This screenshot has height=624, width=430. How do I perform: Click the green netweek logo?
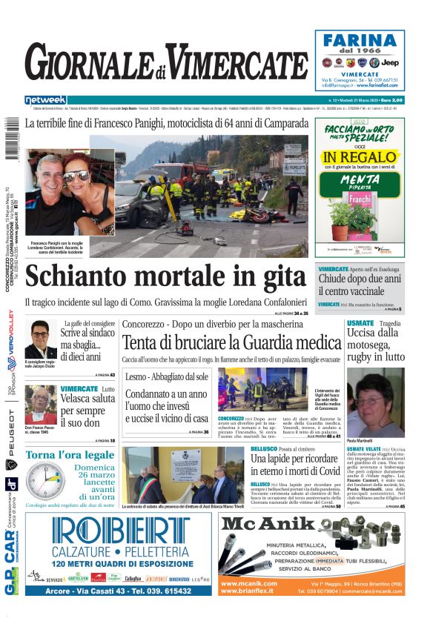point(45,100)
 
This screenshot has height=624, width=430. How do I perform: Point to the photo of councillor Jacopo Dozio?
point(40,339)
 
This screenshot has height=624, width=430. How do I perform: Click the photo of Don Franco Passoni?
point(39,405)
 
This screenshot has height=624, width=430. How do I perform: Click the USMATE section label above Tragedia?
point(360,323)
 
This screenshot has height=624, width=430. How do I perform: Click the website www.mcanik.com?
point(250,584)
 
